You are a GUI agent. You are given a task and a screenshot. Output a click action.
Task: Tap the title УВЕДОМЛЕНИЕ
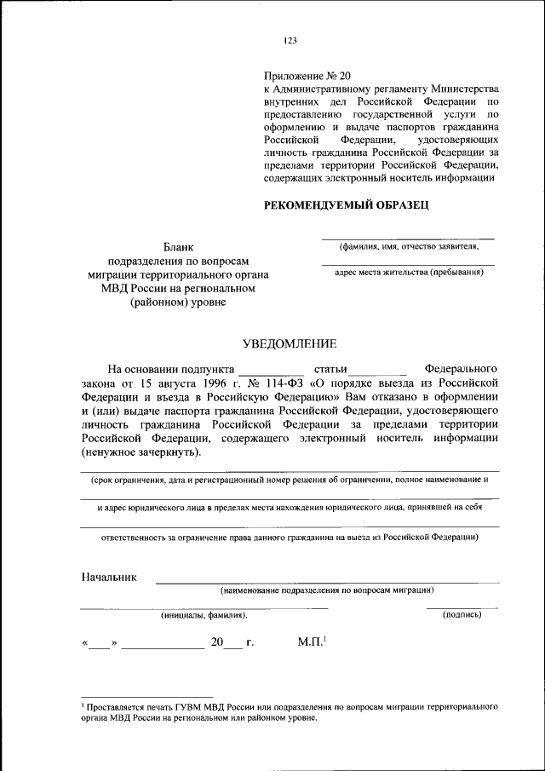(x=290, y=343)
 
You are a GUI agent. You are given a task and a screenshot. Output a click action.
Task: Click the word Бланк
(x=178, y=247)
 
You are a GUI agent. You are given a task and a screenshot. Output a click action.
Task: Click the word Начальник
(x=109, y=577)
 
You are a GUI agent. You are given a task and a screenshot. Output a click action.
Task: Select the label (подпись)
(x=462, y=613)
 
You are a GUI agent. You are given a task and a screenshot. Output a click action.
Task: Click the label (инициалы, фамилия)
(x=204, y=613)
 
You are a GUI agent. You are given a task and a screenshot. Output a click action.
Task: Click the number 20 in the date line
(x=217, y=643)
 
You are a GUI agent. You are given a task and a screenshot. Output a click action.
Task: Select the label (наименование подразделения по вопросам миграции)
(x=328, y=590)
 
